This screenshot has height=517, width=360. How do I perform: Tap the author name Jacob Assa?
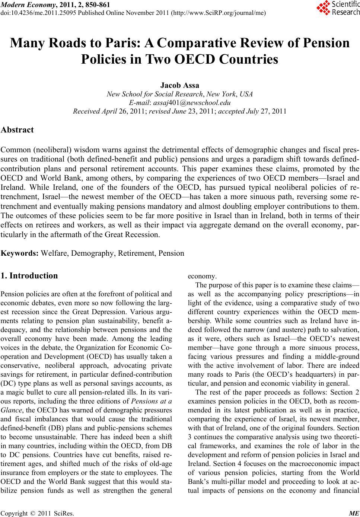point(179,86)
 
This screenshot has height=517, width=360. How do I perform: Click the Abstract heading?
point(17,130)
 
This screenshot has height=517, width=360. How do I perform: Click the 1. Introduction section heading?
point(29,276)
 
